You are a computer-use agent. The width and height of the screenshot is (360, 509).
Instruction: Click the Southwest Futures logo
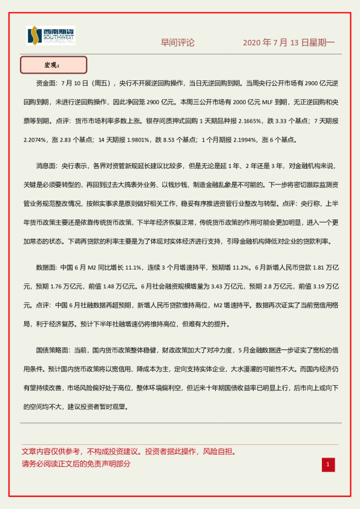coord(51,36)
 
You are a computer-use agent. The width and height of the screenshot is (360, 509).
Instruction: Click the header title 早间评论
coord(177,43)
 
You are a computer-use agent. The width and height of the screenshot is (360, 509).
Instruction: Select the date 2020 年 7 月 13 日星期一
coord(289,43)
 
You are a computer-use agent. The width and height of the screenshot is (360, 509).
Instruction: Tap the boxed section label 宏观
coord(53,65)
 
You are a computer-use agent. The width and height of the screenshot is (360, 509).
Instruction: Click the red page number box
coord(327,464)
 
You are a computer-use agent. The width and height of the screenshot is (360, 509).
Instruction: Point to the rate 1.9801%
coord(134,140)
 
